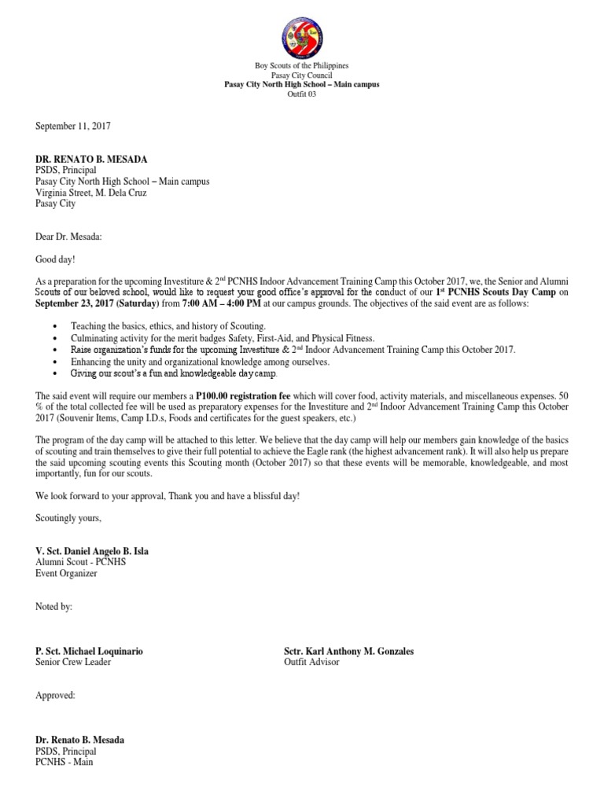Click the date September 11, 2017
[x=72, y=126]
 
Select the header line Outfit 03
[x=302, y=94]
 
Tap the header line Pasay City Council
[x=302, y=75]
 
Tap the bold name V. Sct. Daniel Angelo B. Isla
[x=92, y=552]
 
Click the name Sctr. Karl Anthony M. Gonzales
[x=348, y=651]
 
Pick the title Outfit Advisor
[x=311, y=662]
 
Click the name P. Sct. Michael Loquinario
[x=89, y=651]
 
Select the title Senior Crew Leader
[x=73, y=662]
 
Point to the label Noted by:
[x=54, y=607]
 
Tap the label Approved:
[x=55, y=696]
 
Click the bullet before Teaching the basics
[x=53, y=326]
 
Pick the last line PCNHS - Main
[x=64, y=762]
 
